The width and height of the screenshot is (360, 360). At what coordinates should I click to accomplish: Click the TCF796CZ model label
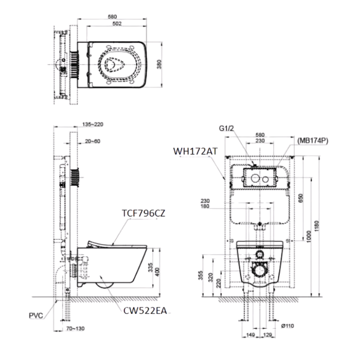coord(144,214)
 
